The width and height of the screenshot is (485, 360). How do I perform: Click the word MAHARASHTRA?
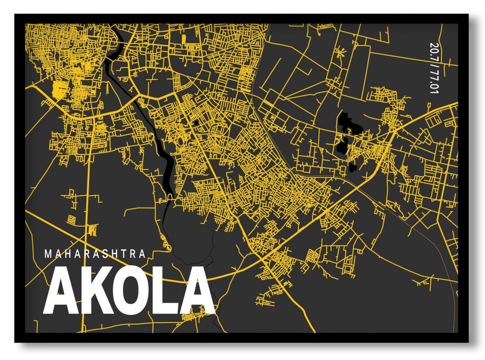coord(95,254)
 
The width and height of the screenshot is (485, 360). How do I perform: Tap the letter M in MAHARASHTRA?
coord(48,254)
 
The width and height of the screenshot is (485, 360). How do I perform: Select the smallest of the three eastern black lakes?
coord(352,167)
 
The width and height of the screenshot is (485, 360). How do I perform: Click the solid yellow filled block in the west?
coord(58,89)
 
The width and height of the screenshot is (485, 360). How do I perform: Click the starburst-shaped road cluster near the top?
coord(339,52)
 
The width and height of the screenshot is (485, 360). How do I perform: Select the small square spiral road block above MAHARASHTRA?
coord(72,220)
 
